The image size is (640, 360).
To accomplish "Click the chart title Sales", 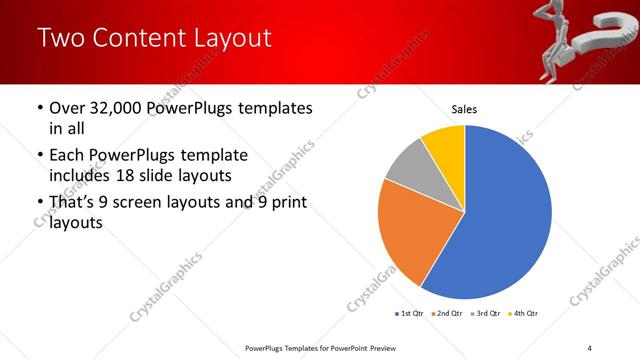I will point(464,108).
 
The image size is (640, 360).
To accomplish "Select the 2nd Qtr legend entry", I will point(446,314).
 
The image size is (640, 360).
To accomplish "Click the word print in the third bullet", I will point(285,203).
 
